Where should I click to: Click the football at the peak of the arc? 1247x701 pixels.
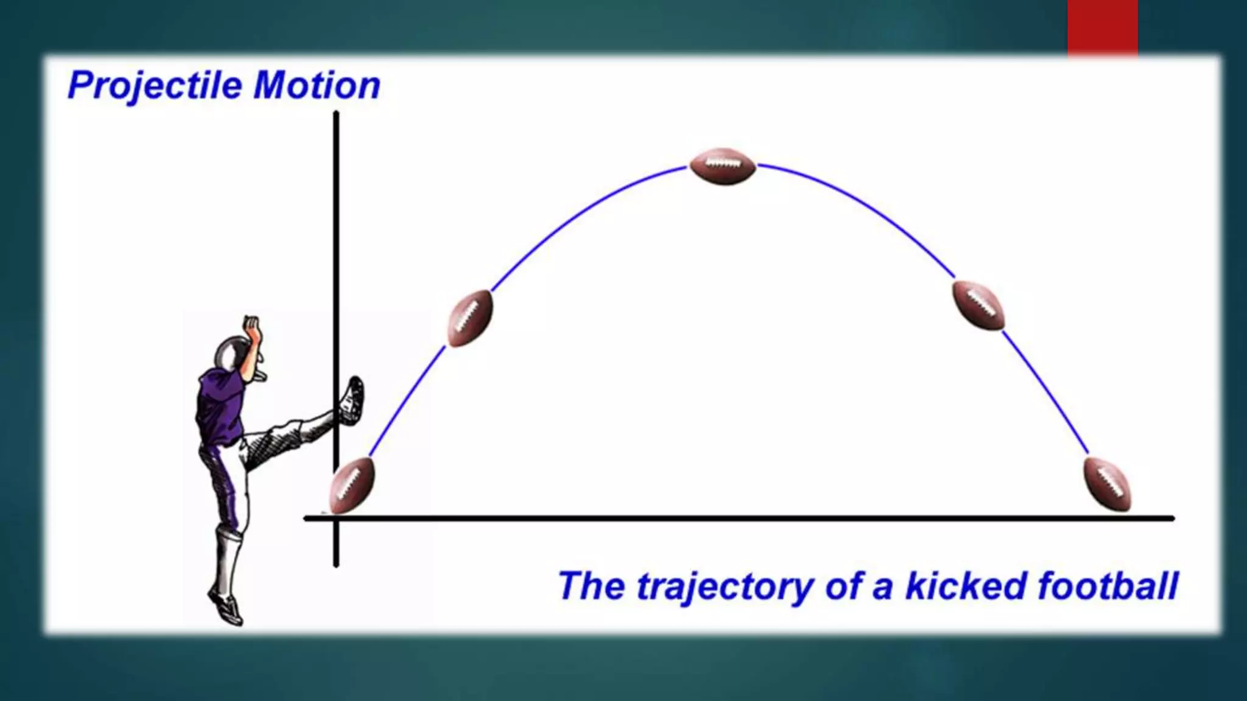[722, 166]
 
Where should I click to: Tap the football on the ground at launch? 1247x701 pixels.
[352, 485]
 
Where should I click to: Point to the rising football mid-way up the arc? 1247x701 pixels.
[470, 318]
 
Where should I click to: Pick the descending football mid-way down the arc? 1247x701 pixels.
[978, 305]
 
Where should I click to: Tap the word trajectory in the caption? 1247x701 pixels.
[725, 585]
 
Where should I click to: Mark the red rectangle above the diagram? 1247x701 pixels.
[1102, 28]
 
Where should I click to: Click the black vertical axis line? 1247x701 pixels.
[336, 243]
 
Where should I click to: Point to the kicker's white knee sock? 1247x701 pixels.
[227, 560]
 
